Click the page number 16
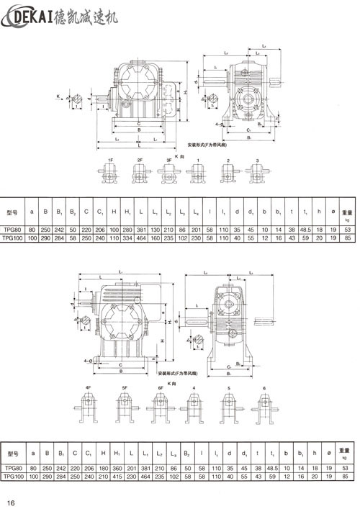point(11,502)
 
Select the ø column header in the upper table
point(332,213)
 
